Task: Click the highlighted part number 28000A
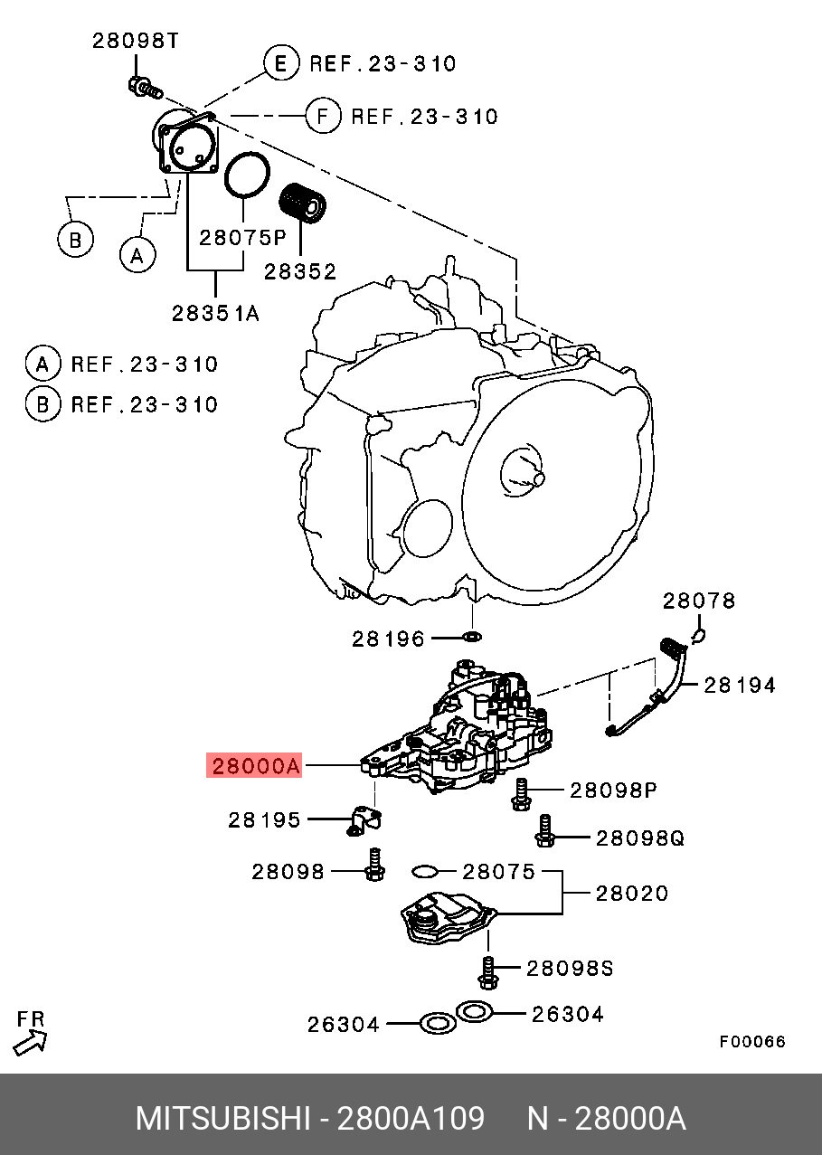click(x=254, y=767)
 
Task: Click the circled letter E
click(x=280, y=63)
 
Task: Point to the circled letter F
click(x=322, y=116)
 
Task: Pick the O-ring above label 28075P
click(x=246, y=175)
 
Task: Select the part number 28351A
click(x=216, y=313)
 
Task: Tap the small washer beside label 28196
click(x=471, y=639)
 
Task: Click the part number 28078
click(x=699, y=601)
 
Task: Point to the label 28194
click(x=739, y=686)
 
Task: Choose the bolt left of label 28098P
click(x=521, y=793)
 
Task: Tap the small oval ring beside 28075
click(x=425, y=871)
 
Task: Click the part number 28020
click(x=631, y=894)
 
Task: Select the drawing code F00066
click(x=752, y=1042)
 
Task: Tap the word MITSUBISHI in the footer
click(x=223, y=1119)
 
